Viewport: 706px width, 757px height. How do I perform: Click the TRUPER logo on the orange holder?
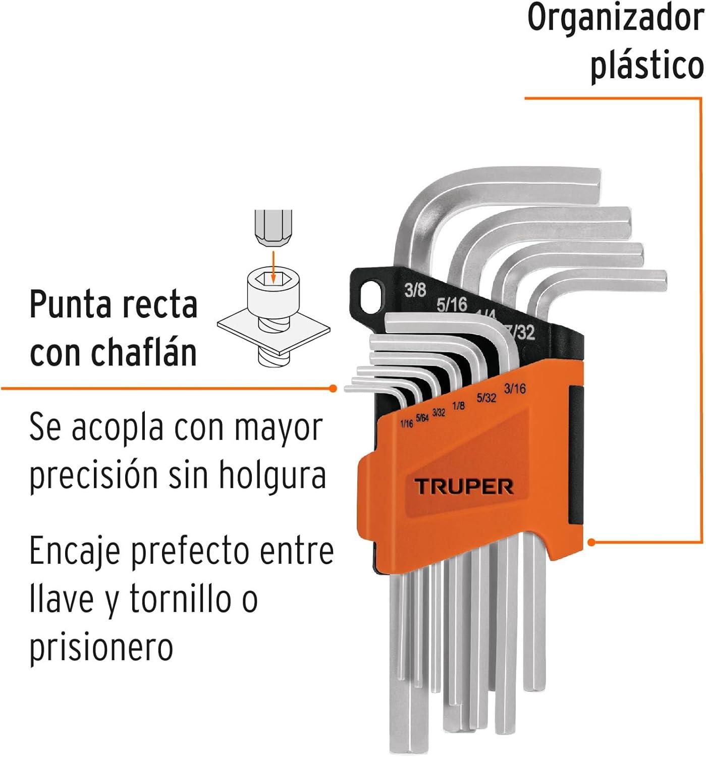tap(464, 487)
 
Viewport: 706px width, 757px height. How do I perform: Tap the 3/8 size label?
tap(415, 290)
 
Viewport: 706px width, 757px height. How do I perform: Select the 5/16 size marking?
tap(452, 304)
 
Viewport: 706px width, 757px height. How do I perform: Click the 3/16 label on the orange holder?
tap(515, 389)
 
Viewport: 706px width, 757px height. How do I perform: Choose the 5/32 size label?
tap(486, 398)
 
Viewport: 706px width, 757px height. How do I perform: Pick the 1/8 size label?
tap(459, 406)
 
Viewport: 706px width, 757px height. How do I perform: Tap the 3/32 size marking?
tap(439, 412)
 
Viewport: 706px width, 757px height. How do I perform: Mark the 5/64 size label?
tap(422, 418)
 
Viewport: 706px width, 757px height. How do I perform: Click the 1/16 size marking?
tap(406, 423)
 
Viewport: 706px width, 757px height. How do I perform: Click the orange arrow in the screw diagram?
tap(273, 267)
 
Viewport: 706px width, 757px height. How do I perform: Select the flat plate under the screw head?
tap(274, 332)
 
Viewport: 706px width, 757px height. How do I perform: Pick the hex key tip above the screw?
tap(273, 228)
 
